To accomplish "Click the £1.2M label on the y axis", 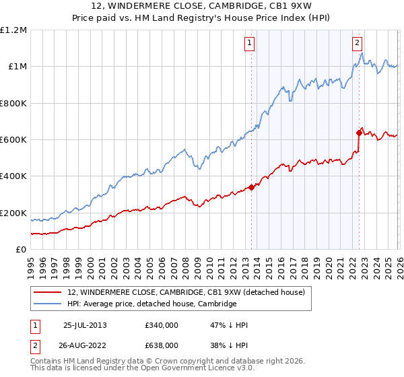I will [x=13, y=30].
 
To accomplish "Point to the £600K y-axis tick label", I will [x=13, y=140].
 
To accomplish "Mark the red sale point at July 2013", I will [x=251, y=187].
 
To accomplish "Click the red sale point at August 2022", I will [x=359, y=133].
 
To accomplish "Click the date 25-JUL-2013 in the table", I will [x=85, y=325].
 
